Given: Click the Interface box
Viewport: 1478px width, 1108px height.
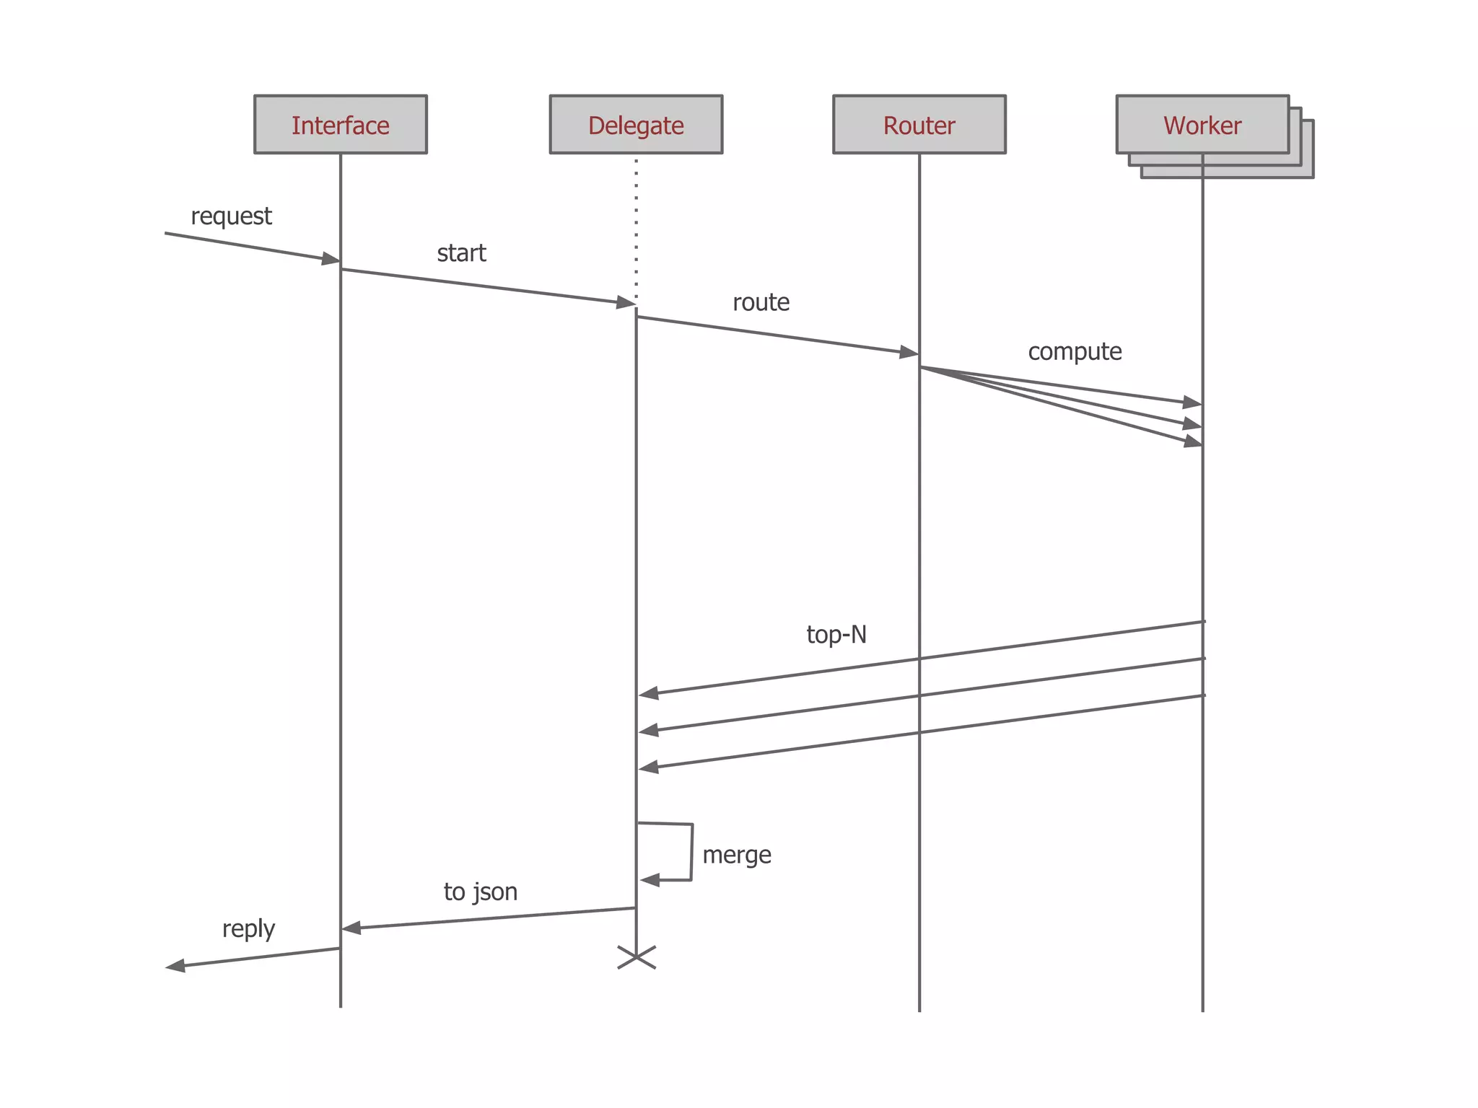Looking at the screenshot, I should pyautogui.click(x=340, y=125).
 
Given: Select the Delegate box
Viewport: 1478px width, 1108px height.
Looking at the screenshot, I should pyautogui.click(x=636, y=125).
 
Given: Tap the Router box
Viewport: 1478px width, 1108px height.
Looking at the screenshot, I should pyautogui.click(x=919, y=125).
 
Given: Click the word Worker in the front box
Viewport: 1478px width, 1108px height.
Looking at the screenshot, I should pyautogui.click(x=1202, y=126).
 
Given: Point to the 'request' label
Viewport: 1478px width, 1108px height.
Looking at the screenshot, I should pyautogui.click(x=231, y=216).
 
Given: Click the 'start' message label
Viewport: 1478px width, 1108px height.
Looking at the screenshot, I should pyautogui.click(x=461, y=253).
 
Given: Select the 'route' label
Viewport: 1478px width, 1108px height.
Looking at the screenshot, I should pyautogui.click(x=761, y=302).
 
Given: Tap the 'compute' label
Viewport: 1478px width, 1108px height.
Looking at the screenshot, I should pyautogui.click(x=1075, y=352).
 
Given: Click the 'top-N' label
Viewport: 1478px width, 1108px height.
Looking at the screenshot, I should pyautogui.click(x=836, y=635).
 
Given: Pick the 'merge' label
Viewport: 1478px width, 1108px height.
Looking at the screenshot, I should pyautogui.click(x=737, y=855).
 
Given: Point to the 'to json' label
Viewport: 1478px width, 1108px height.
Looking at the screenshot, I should pyautogui.click(x=481, y=892).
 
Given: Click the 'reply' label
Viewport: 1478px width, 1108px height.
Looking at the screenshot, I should pyautogui.click(x=248, y=929).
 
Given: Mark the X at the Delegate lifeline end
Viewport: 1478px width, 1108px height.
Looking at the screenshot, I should pyautogui.click(x=637, y=958).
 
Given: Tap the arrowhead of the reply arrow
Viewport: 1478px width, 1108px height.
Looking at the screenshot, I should pyautogui.click(x=175, y=966).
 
